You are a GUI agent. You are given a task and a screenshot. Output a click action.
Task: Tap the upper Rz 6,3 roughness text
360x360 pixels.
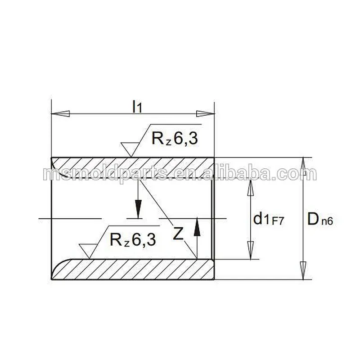pyautogui.click(x=174, y=139)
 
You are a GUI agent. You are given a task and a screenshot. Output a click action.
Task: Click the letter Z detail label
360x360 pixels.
pyautogui.click(x=178, y=234)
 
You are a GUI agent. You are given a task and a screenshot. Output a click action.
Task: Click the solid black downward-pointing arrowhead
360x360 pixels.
pyautogui.click(x=138, y=209)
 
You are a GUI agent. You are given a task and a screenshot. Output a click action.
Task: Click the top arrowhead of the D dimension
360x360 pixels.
pyautogui.click(x=304, y=166)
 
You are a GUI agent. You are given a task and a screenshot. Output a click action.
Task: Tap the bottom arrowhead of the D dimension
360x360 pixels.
pyautogui.click(x=304, y=271)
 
